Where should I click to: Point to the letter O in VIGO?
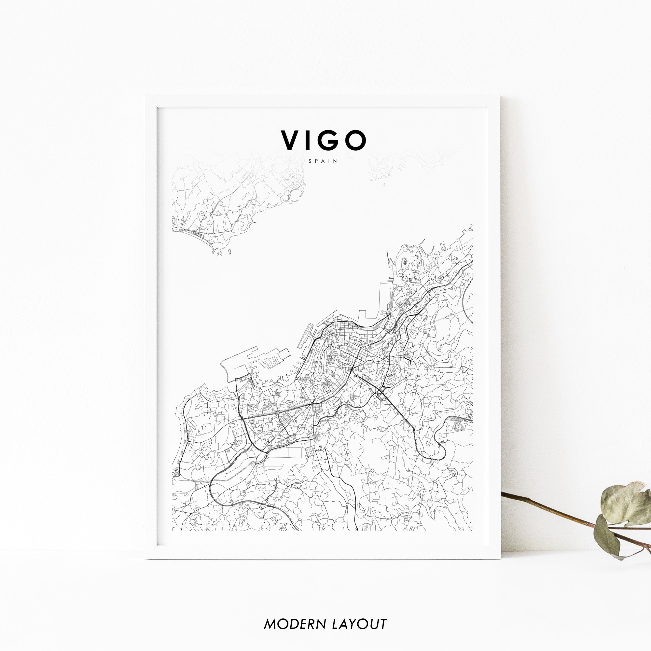coord(355,141)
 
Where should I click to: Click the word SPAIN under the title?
coord(323,161)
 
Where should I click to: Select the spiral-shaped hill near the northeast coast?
coord(405,261)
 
